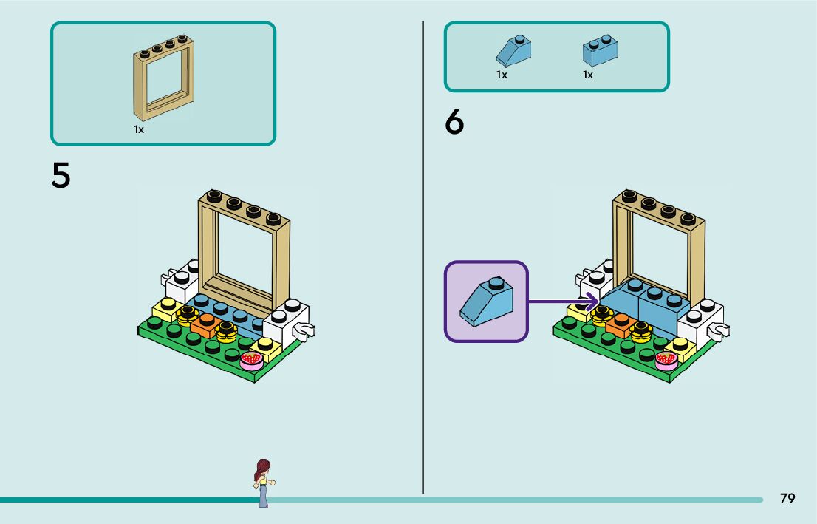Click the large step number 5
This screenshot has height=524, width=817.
(61, 176)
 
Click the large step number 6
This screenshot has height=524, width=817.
(454, 123)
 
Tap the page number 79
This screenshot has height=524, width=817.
(787, 499)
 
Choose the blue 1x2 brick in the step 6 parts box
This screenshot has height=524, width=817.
(600, 51)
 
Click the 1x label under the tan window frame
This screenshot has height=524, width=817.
(139, 129)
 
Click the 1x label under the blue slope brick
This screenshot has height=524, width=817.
(502, 75)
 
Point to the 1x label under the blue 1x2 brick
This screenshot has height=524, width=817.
(588, 75)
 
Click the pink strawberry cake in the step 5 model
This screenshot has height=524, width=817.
(252, 359)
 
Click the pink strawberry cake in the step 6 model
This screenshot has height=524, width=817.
(666, 359)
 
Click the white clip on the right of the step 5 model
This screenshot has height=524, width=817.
(304, 330)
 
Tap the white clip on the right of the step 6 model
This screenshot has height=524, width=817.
(718, 330)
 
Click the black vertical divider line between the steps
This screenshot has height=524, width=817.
(423, 259)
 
